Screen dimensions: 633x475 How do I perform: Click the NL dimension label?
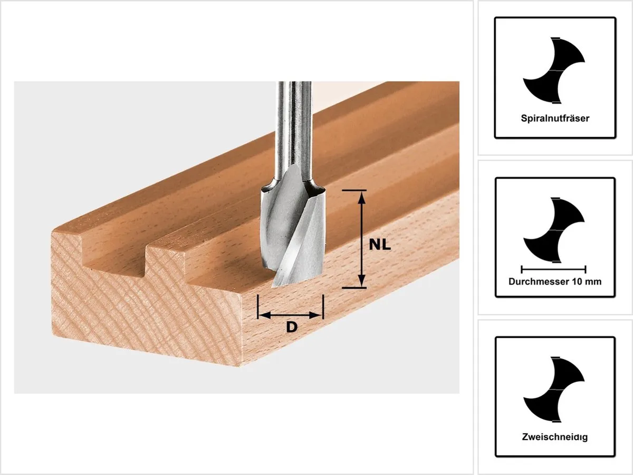click(380, 245)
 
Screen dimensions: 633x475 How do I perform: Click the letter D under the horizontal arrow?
click(292, 328)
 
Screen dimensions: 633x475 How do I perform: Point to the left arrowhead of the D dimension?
click(264, 315)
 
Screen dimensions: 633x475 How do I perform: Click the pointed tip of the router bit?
click(273, 286)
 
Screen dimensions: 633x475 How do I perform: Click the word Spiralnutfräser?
click(555, 118)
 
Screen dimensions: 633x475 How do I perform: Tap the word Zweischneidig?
click(555, 436)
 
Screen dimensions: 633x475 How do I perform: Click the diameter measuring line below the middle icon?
click(553, 269)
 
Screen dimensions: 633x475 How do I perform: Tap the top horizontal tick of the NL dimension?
click(354, 190)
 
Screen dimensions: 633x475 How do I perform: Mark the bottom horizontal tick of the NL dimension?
click(354, 288)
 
